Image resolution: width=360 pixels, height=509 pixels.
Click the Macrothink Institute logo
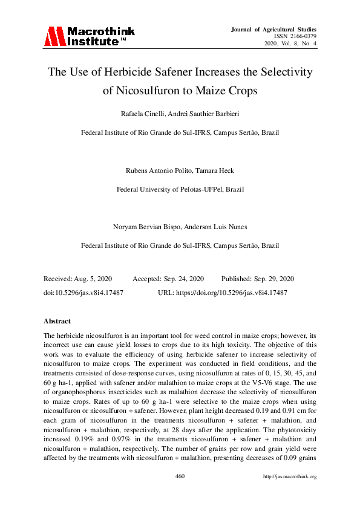(90, 36)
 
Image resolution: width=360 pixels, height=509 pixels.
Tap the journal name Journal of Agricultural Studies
(273, 29)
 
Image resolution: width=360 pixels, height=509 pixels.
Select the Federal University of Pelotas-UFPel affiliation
(180, 189)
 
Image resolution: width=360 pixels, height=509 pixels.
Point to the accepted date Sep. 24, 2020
(184, 279)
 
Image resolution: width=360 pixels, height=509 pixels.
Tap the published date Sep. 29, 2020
(273, 279)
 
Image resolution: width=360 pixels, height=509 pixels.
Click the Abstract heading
(57, 321)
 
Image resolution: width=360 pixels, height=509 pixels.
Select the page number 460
(180, 476)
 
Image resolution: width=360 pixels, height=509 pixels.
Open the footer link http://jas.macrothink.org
(290, 476)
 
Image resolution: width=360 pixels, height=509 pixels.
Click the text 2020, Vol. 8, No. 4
(291, 44)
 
